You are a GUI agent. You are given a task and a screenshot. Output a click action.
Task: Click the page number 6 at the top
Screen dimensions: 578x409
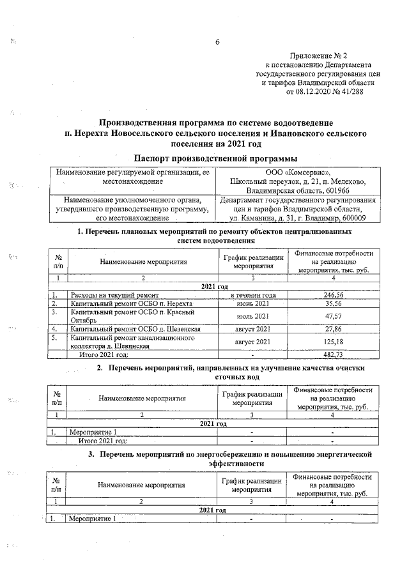(x=217, y=42)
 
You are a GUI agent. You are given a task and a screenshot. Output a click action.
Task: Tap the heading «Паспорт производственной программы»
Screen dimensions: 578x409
(x=216, y=158)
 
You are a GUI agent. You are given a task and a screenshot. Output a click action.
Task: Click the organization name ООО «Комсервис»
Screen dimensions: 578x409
(x=298, y=172)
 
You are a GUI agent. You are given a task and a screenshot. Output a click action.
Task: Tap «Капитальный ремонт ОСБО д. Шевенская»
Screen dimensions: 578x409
(x=135, y=328)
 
